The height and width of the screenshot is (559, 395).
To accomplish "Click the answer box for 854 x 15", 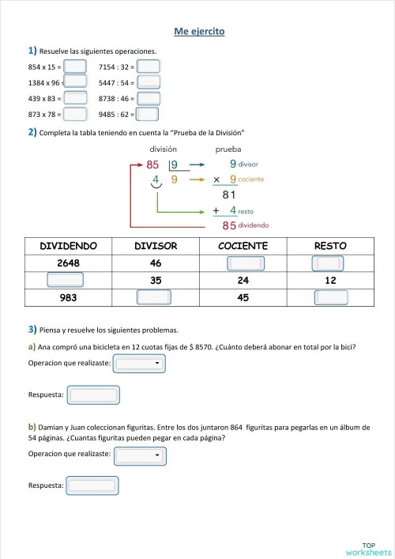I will click(x=75, y=66).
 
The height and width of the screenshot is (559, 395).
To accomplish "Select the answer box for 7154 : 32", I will click(x=149, y=66).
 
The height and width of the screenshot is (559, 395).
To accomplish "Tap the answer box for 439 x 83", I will click(x=75, y=98).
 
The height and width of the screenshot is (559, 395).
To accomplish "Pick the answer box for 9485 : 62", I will click(x=149, y=114).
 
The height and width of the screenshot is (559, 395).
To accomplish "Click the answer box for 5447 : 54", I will click(x=149, y=82).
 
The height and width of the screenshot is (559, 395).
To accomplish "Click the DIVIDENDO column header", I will click(x=69, y=246).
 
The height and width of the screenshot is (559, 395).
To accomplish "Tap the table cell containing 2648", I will click(x=69, y=263).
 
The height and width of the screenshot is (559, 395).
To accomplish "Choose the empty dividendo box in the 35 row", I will click(x=65, y=280).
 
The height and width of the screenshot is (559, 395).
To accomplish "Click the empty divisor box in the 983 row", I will click(x=153, y=297).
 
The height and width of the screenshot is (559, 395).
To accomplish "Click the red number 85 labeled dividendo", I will click(x=229, y=225).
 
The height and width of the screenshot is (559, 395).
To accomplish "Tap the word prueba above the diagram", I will click(x=228, y=149).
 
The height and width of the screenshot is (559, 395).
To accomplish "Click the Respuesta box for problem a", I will click(x=93, y=394).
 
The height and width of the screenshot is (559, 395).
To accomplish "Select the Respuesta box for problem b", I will click(x=92, y=485).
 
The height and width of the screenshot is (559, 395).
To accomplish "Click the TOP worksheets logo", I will click(x=368, y=547).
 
